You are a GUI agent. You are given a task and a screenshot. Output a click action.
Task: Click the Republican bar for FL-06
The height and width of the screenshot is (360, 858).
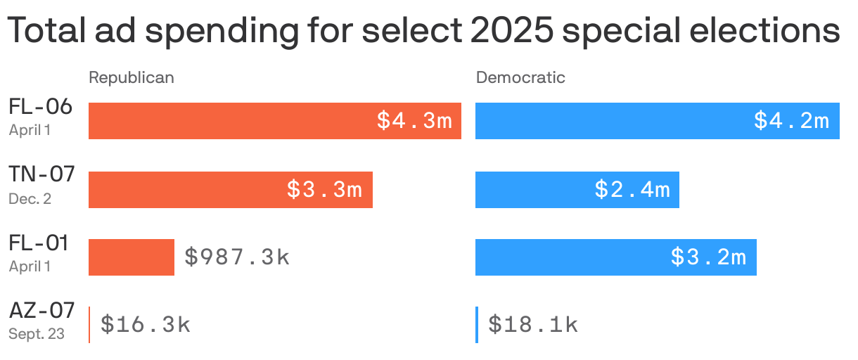(x=232, y=121)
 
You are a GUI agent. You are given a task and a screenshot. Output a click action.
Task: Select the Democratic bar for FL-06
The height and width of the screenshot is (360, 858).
(x=612, y=121)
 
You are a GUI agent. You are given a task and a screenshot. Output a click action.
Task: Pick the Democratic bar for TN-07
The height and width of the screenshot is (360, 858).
(x=534, y=189)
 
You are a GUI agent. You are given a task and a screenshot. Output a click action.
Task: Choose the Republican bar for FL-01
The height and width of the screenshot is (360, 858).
(x=132, y=257)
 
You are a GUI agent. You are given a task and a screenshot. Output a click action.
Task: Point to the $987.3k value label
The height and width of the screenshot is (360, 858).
(x=237, y=257)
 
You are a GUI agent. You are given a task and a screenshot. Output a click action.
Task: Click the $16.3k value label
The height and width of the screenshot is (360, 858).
(x=146, y=325)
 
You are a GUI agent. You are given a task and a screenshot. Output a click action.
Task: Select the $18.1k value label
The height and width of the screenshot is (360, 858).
(x=533, y=325)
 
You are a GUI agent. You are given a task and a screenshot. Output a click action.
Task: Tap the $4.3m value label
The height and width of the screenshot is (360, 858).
(x=414, y=121)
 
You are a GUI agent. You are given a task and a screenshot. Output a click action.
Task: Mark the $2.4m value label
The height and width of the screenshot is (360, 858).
(x=632, y=189)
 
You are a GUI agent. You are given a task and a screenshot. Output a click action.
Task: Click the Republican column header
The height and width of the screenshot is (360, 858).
(x=131, y=77)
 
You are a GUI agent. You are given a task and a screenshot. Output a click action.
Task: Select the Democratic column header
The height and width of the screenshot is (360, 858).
(x=520, y=77)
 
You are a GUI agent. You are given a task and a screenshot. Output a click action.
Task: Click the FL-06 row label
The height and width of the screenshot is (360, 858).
(x=41, y=107)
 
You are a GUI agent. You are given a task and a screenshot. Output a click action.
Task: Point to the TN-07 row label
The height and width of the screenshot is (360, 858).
(x=41, y=175)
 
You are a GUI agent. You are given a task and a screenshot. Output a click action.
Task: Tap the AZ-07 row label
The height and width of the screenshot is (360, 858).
(x=41, y=311)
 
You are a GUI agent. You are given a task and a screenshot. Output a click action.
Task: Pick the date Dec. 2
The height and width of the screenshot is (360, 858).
(x=30, y=199)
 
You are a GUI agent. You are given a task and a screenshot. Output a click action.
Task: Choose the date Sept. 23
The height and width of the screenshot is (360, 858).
(x=37, y=335)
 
